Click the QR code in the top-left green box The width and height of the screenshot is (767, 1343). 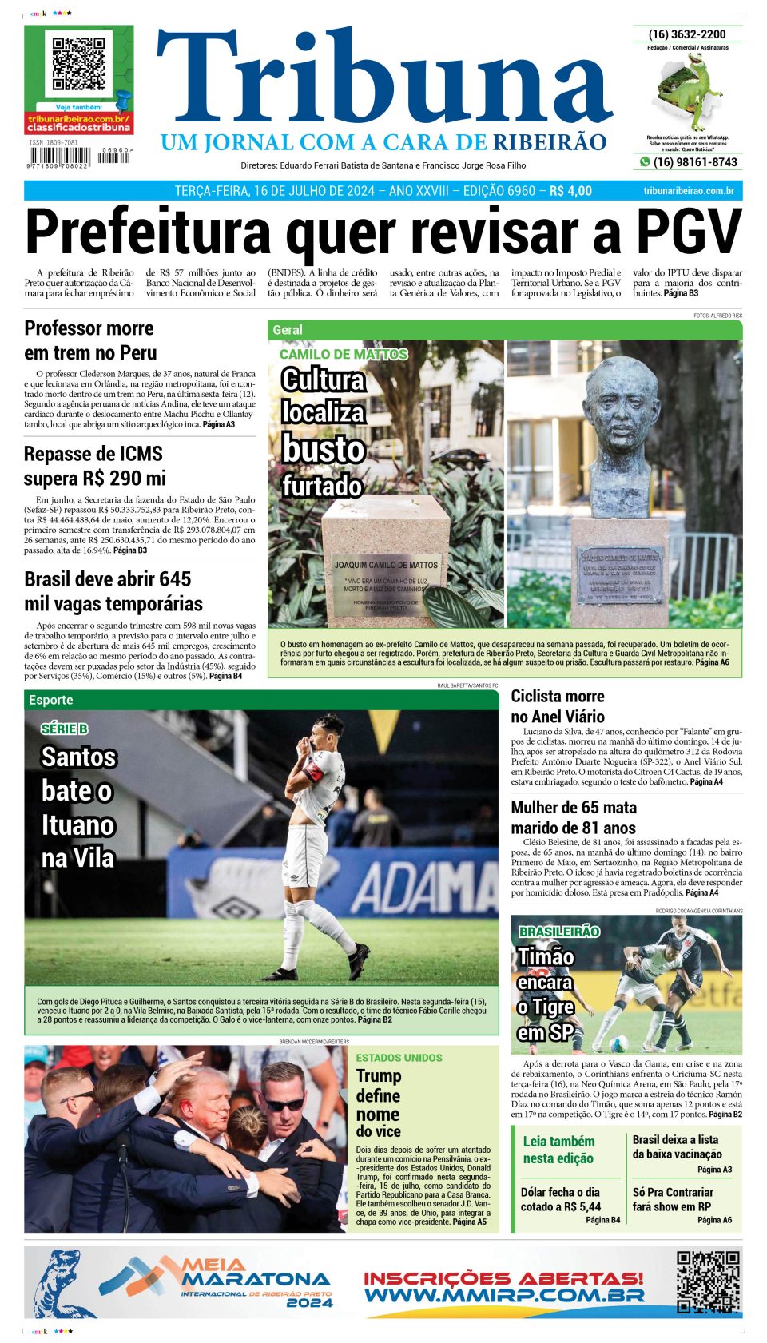click(x=78, y=63)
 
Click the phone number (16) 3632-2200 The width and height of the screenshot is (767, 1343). click(x=687, y=34)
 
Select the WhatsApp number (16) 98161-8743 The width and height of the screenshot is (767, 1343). click(x=694, y=162)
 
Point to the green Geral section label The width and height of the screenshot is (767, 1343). click(x=288, y=330)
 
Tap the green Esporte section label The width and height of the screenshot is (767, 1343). click(x=50, y=700)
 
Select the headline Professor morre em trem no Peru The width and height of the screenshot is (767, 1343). click(x=90, y=340)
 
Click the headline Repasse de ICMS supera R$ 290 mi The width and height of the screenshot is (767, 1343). click(x=94, y=466)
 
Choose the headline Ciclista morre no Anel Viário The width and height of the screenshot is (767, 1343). click(x=558, y=706)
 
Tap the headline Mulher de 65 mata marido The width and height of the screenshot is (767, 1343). click(x=573, y=817)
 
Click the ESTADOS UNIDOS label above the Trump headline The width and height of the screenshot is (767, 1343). click(x=399, y=1058)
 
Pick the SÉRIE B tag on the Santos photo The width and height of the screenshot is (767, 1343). click(x=65, y=729)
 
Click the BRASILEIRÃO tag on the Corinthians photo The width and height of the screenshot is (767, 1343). click(x=559, y=932)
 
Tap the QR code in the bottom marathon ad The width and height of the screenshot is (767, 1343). click(x=708, y=1282)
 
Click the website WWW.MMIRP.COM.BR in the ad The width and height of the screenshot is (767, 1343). click(x=503, y=1295)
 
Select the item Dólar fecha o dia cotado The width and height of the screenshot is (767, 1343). click(x=560, y=1199)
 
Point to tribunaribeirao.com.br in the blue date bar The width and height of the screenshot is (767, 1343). click(x=688, y=191)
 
